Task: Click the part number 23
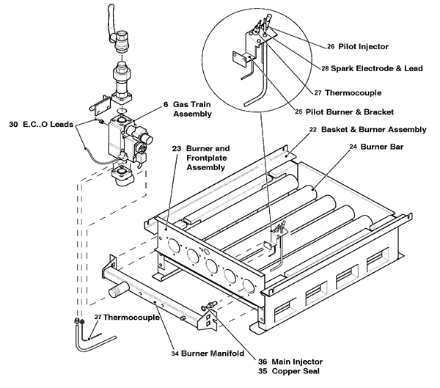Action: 176,147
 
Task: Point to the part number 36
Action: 263,361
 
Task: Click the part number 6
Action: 166,104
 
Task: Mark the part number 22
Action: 312,129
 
